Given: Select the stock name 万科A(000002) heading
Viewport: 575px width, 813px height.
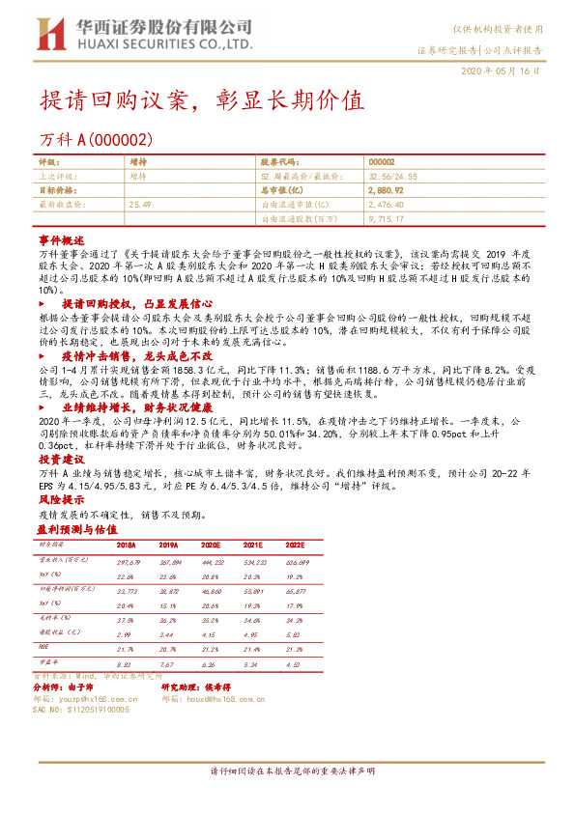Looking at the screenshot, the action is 96,140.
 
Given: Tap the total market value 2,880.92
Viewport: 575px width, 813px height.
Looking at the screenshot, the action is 387,191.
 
